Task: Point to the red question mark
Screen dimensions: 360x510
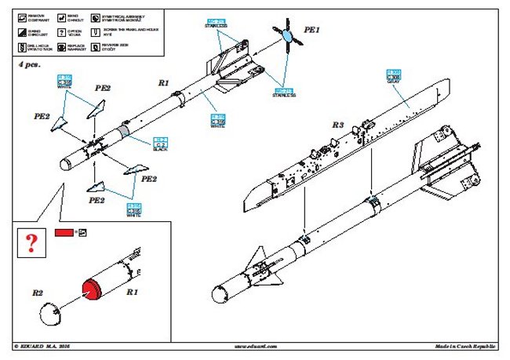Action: pos(31,243)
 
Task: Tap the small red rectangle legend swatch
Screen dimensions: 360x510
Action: pos(64,233)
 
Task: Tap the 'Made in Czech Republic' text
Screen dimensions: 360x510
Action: pos(467,346)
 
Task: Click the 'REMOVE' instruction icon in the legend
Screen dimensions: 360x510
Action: pos(20,15)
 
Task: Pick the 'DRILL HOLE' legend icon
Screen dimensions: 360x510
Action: pos(20,48)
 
